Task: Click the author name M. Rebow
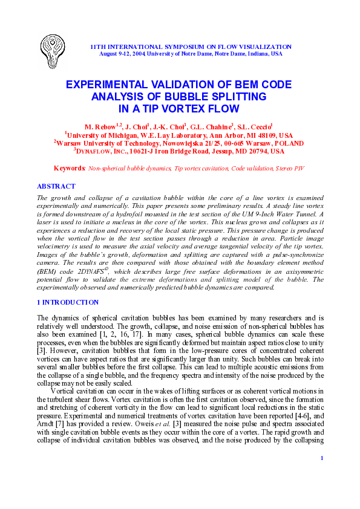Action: [100, 128]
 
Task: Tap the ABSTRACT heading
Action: [56, 186]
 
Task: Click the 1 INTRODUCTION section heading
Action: [67, 302]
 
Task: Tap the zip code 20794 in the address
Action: [243, 152]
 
